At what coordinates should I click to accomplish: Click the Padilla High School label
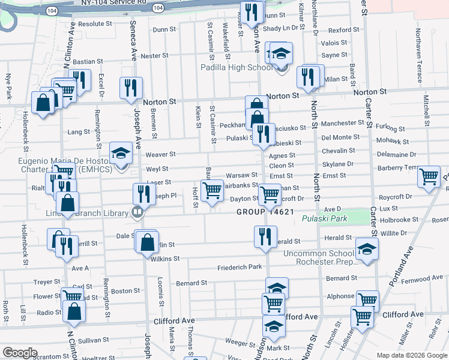click(237, 67)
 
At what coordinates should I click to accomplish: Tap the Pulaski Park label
click(324, 219)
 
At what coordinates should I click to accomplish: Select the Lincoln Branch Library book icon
click(137, 212)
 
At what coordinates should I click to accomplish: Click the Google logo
click(20, 353)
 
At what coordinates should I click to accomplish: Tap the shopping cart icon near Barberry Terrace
click(429, 176)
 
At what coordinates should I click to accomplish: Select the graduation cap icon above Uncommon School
click(367, 248)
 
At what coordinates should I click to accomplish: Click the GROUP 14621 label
click(265, 212)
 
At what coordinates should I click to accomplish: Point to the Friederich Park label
click(240, 266)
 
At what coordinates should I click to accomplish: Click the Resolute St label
click(95, 24)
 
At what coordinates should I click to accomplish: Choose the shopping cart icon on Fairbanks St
click(211, 190)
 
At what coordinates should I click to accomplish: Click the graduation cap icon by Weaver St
click(121, 153)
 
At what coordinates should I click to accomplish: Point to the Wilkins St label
click(165, 259)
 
